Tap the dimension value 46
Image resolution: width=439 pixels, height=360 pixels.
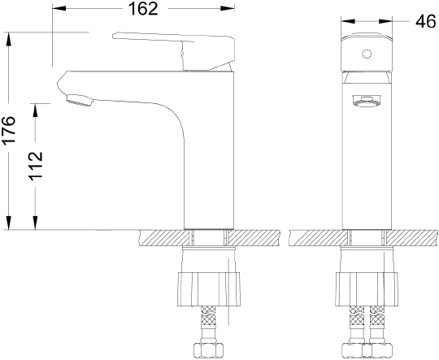pyautogui.click(x=423, y=22)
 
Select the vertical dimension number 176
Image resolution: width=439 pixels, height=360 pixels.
pyautogui.click(x=10, y=130)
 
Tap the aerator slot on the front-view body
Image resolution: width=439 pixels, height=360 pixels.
pyautogui.click(x=366, y=101)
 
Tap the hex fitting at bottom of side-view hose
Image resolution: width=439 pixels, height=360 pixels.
pyautogui.click(x=208, y=349)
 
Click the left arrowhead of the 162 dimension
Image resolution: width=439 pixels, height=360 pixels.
pyautogui.click(x=56, y=10)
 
